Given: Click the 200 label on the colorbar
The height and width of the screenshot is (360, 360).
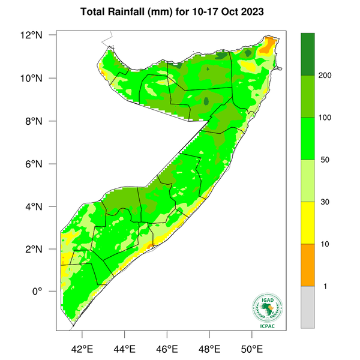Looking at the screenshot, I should point(326,76).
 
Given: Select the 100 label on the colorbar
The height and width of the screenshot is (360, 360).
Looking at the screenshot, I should point(326,118).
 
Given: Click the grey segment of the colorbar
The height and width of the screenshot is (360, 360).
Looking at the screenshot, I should point(308,307).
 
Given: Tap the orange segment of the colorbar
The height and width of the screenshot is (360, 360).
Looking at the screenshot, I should point(308,265).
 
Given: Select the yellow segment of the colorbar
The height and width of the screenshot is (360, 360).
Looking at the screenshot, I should point(308,223).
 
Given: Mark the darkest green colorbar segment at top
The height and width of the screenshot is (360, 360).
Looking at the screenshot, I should point(308,54).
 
